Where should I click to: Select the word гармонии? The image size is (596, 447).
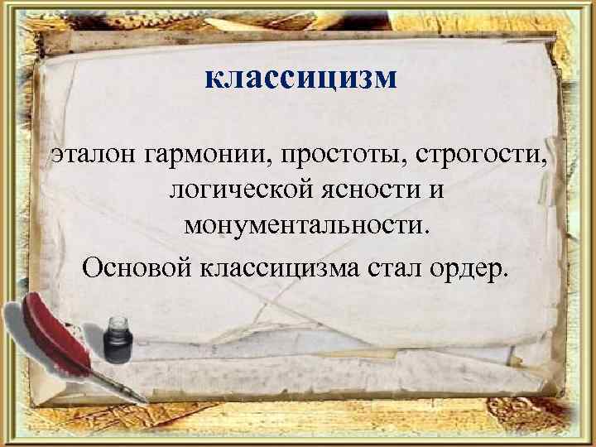(204, 156)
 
